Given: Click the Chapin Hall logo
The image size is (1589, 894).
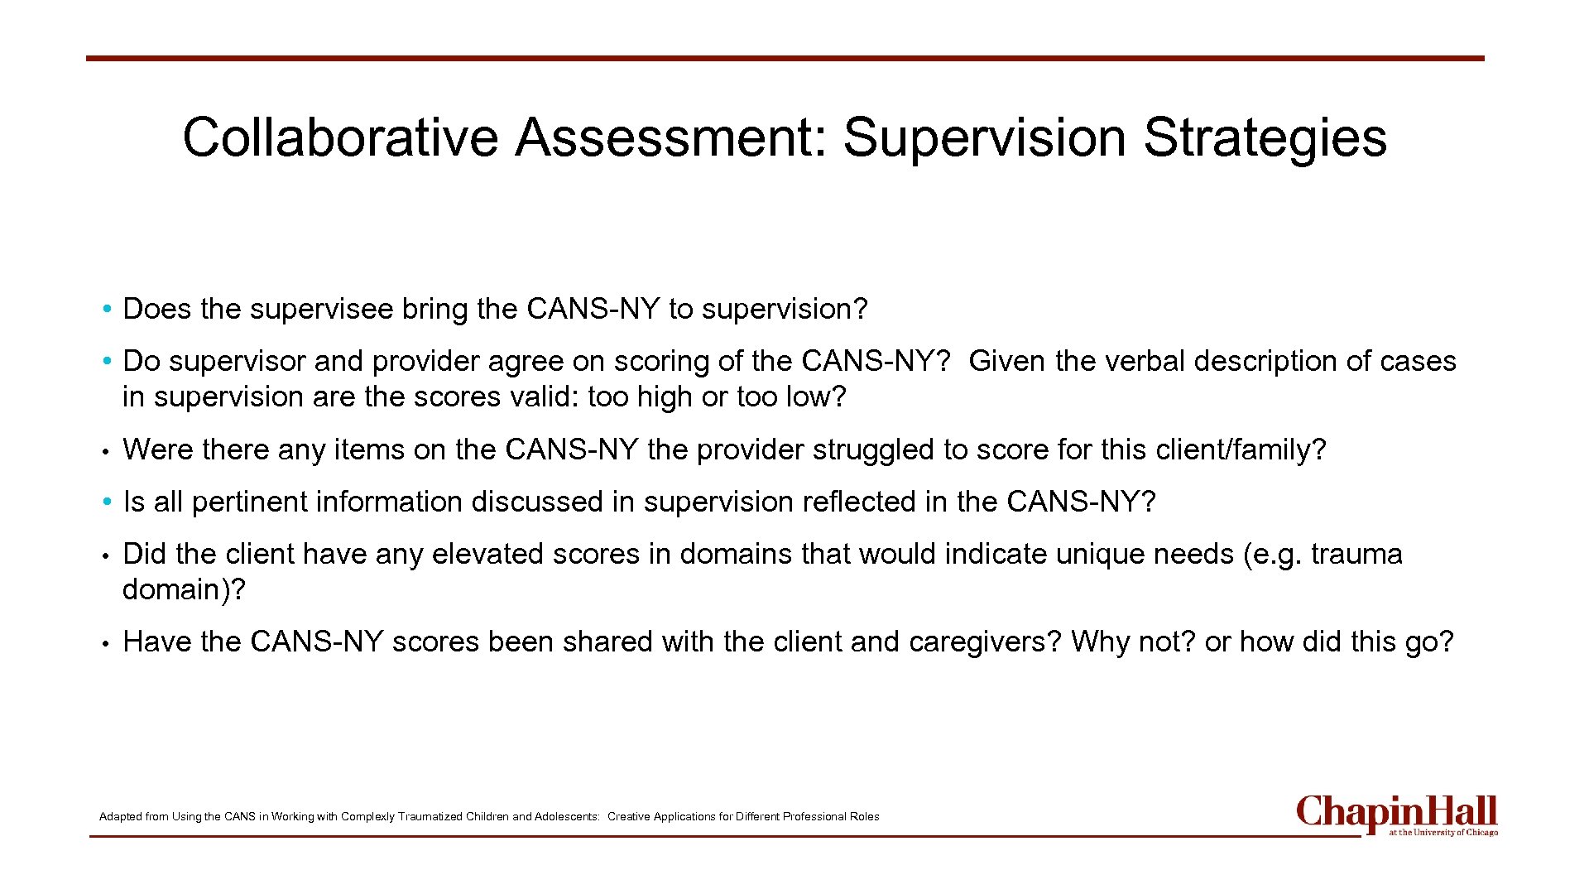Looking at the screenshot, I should click(1397, 815).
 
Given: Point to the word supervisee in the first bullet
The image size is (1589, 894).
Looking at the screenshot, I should click(321, 309).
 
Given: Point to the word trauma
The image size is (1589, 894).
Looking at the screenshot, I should click(1356, 554).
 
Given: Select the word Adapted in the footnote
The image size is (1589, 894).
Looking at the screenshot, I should click(120, 816).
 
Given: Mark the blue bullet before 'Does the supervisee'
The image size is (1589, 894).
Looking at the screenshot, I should click(107, 310).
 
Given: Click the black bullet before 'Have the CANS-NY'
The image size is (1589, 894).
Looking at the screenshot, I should click(107, 642).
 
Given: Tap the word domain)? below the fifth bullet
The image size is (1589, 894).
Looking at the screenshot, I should click(184, 589).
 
